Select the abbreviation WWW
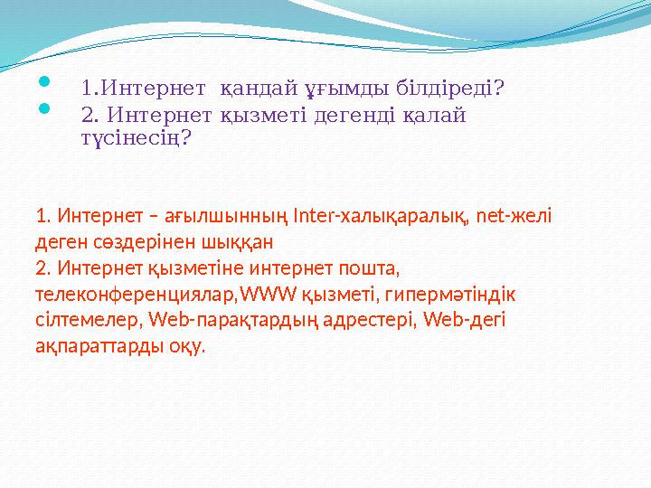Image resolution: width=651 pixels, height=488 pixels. pyautogui.click(x=269, y=294)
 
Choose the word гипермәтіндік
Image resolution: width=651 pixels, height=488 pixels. pyautogui.click(x=462, y=294)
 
